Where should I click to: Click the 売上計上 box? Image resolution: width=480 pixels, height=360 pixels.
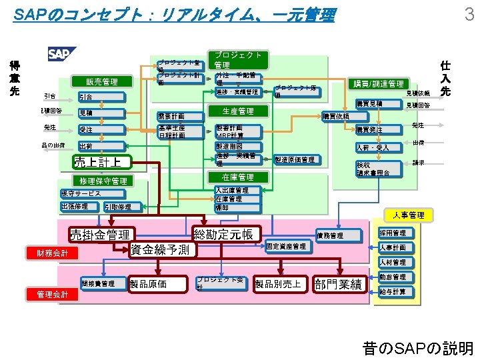(x=99, y=161)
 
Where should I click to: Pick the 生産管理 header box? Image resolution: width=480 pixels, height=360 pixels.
(x=237, y=111)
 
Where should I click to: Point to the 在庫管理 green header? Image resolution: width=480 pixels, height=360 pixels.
(x=237, y=177)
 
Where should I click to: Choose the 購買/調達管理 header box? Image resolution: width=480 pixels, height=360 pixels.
(x=377, y=84)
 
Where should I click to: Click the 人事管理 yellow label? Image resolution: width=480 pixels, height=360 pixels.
(x=408, y=215)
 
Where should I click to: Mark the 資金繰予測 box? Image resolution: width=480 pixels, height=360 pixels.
(x=160, y=250)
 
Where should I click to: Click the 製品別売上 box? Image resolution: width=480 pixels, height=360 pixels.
(x=278, y=284)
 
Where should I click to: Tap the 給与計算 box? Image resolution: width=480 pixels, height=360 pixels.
(x=392, y=291)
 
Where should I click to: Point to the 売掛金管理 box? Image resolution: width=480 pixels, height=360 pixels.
(x=100, y=235)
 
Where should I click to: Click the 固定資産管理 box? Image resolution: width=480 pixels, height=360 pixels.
(x=286, y=247)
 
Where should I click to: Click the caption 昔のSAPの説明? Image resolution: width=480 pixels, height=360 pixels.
(x=417, y=348)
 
